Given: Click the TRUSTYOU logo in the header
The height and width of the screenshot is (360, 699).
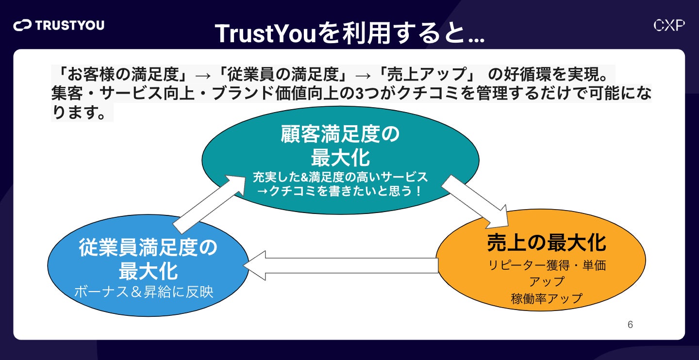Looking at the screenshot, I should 59,25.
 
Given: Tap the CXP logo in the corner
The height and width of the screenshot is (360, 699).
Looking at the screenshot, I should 669,26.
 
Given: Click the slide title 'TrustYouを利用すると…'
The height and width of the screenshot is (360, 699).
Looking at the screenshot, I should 349,33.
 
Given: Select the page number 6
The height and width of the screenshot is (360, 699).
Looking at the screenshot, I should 630,325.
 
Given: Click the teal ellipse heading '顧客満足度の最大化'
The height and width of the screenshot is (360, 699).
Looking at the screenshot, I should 340,146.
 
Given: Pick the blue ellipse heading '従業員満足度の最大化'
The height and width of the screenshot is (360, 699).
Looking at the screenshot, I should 148,260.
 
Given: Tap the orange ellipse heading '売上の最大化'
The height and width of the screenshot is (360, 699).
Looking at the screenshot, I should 547,243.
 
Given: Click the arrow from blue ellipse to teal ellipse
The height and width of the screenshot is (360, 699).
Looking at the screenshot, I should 209,204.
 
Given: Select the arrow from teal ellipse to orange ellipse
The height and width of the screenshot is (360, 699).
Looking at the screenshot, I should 474,201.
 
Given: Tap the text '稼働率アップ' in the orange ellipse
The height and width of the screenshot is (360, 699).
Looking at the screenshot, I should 547,298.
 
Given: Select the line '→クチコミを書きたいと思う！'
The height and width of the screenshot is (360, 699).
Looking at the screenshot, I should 340,191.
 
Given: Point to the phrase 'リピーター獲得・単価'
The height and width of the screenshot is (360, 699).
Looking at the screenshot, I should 547,266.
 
